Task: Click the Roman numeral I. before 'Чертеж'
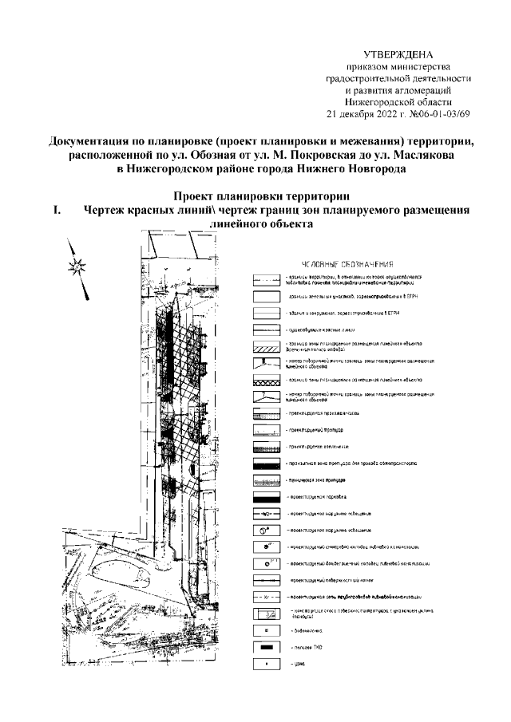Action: tap(57, 211)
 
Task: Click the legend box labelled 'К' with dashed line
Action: tap(263, 596)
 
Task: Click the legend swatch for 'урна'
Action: tap(263, 663)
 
